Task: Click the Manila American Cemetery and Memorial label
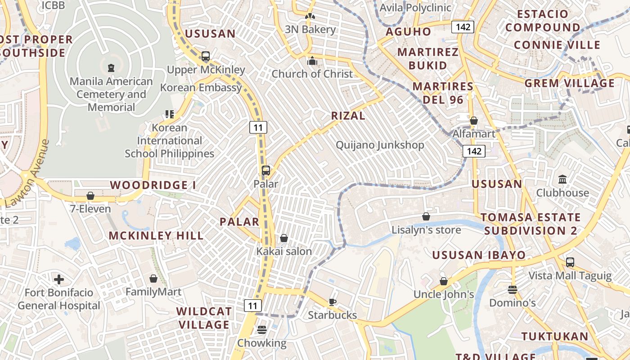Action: click(111, 94)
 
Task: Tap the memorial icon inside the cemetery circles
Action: click(111, 68)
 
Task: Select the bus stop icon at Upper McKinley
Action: click(206, 56)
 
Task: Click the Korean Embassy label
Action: click(201, 87)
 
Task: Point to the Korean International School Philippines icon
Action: click(169, 114)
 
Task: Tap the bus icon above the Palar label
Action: click(266, 171)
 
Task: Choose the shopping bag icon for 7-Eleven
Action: click(90, 196)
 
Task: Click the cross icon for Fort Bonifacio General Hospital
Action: click(59, 279)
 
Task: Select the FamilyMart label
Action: click(153, 292)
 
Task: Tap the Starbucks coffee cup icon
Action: click(333, 302)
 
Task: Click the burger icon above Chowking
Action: click(262, 330)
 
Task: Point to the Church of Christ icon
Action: click(312, 61)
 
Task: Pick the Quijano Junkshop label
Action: click(380, 145)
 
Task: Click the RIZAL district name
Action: click(348, 116)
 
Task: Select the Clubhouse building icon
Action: click(562, 180)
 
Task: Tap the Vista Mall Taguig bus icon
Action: click(570, 262)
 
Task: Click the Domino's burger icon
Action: click(513, 289)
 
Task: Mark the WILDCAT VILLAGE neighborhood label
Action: click(204, 318)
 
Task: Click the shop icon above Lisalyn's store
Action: click(426, 217)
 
